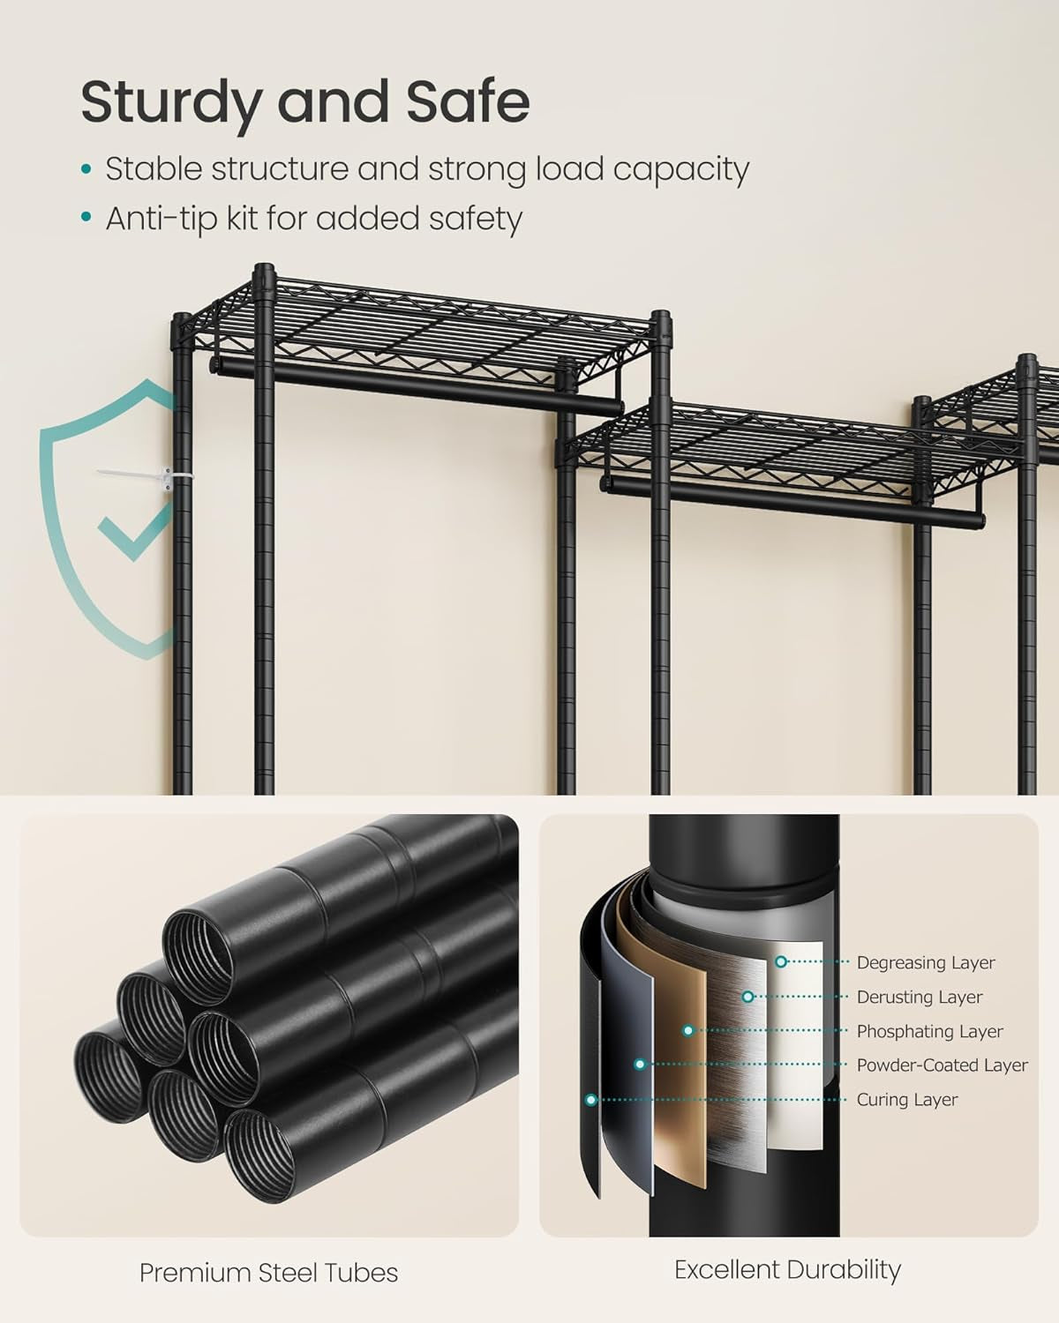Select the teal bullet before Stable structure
[86, 169]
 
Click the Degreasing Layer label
[925, 962]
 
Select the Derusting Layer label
[919, 997]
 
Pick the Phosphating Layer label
[929, 1031]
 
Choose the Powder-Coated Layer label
[942, 1065]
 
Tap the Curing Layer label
[906, 1100]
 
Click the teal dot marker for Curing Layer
[590, 1100]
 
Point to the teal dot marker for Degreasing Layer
[781, 962]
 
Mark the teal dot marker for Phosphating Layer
[688, 1030]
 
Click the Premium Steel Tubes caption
[268, 1273]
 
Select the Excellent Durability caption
[787, 1270]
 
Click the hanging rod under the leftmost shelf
[415, 388]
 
